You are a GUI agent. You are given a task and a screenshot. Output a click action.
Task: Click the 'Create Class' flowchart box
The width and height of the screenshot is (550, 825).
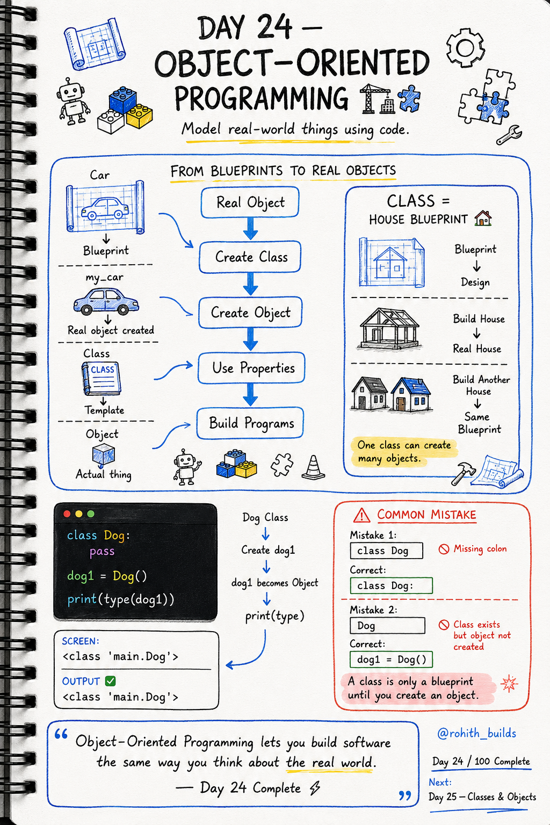(x=250, y=257)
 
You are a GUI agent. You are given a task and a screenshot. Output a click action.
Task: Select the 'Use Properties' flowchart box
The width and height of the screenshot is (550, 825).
(x=251, y=367)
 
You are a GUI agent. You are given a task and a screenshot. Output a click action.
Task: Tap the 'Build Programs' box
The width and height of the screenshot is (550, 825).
(x=250, y=423)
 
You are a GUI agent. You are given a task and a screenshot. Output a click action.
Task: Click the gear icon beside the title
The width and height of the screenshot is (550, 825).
(x=465, y=48)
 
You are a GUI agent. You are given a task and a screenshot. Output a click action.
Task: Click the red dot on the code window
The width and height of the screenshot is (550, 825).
(x=67, y=514)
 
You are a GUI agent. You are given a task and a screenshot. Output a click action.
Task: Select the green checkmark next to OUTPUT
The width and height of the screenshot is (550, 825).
(x=110, y=681)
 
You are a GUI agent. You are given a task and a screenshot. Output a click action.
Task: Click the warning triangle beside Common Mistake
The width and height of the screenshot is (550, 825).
(x=361, y=515)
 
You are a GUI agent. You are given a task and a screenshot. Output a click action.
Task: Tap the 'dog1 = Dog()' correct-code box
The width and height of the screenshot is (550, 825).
(x=391, y=659)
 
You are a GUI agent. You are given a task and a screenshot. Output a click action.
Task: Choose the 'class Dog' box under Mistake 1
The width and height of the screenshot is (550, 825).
(x=386, y=551)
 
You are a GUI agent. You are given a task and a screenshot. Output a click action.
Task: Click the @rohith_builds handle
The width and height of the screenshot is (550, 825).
(x=476, y=733)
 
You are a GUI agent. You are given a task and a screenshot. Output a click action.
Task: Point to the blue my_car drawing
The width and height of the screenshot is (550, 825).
(x=106, y=301)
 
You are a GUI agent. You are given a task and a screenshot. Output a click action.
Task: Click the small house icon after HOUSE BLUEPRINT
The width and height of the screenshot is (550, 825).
(x=483, y=218)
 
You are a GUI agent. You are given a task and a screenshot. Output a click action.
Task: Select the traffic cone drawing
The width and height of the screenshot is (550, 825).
(x=313, y=467)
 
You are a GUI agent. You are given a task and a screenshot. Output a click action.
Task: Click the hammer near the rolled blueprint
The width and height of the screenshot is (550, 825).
(x=462, y=473)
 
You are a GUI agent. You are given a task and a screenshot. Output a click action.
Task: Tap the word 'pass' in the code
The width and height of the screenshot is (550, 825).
(x=102, y=552)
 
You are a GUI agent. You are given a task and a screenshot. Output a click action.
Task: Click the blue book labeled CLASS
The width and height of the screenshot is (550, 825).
(x=102, y=379)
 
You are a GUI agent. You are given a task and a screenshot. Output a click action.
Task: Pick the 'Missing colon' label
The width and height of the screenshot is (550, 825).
(x=480, y=549)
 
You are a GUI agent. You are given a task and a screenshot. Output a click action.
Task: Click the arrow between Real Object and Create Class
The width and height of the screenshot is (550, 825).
(x=250, y=228)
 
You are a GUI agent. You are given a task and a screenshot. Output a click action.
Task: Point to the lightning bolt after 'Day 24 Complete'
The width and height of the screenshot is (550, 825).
(x=315, y=788)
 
